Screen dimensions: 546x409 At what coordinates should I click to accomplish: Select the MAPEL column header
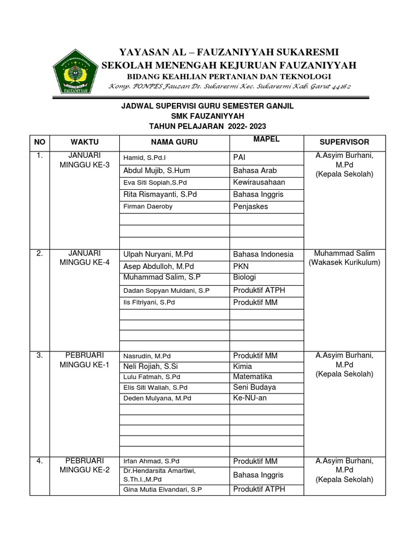[x=267, y=139]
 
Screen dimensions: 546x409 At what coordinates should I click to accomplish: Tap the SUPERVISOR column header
[x=344, y=142]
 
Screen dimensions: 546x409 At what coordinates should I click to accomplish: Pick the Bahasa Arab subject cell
[x=255, y=171]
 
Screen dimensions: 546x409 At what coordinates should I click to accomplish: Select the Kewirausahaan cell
[x=258, y=182]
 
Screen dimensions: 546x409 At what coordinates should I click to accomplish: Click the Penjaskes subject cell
[x=250, y=206]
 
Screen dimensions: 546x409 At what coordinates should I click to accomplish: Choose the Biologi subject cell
[x=244, y=277]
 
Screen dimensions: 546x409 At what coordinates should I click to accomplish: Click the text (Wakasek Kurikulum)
[x=344, y=263]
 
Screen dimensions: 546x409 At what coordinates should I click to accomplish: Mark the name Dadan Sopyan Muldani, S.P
[x=166, y=291]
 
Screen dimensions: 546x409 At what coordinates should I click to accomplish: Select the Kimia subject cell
[x=243, y=367]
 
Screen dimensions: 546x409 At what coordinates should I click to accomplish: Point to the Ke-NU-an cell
[x=250, y=398]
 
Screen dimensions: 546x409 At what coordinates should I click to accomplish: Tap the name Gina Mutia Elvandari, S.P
[x=163, y=489]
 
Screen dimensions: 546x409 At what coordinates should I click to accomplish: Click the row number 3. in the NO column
[x=39, y=355]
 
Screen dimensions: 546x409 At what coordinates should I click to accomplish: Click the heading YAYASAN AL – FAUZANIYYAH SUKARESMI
[x=229, y=52]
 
